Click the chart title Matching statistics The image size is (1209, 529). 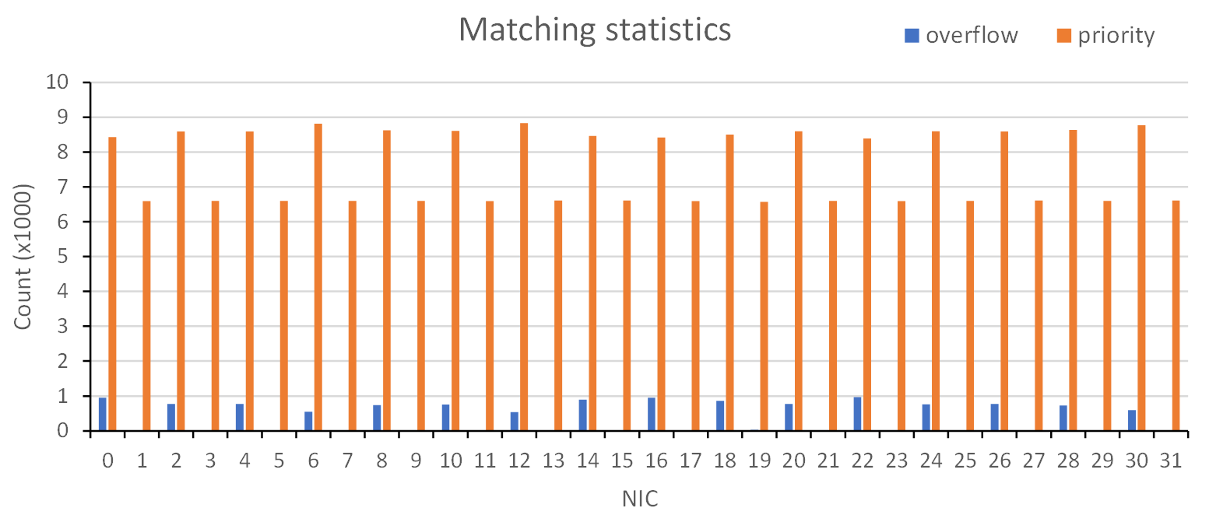595,30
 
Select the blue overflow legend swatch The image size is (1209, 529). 911,35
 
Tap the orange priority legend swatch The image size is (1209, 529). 1063,35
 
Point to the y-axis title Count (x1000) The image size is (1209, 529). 23,257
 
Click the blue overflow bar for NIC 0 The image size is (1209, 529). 103,414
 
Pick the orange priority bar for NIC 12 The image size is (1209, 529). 524,276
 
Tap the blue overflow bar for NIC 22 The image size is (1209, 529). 857,414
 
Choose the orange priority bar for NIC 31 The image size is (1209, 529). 1176,315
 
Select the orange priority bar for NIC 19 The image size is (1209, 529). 764,316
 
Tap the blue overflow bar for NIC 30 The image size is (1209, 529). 1132,420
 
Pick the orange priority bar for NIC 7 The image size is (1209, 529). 353,315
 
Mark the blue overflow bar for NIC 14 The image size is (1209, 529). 583,415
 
